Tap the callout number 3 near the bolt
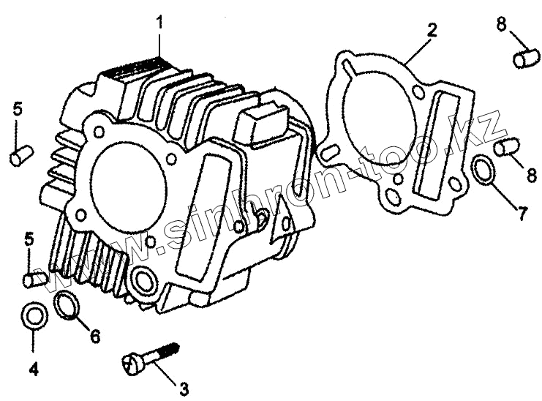pos(184,386)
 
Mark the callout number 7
pos(521,214)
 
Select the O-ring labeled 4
pos(34,316)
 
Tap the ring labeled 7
pos(482,170)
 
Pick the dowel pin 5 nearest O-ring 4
pos(34,279)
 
